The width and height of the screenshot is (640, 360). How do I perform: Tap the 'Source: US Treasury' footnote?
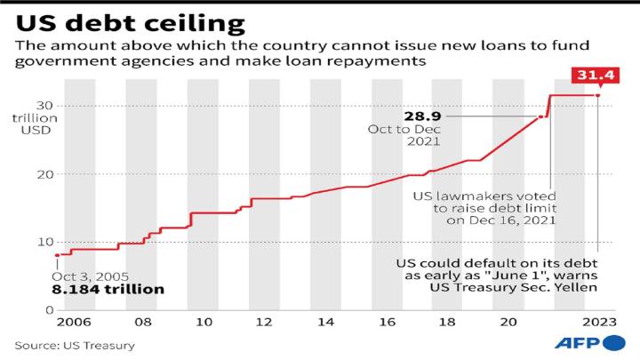click(x=73, y=345)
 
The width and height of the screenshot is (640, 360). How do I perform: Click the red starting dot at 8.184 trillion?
click(x=58, y=255)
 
